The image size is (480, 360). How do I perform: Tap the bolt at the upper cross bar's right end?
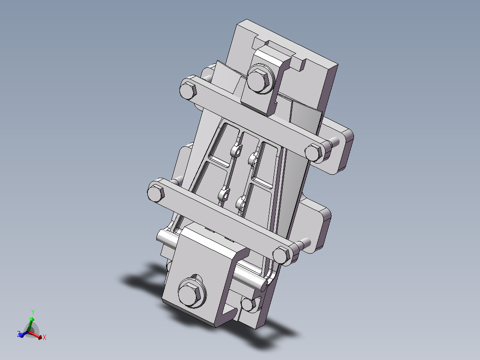click(314, 152)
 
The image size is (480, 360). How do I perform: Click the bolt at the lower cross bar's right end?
click(281, 255)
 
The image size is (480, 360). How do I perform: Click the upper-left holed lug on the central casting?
click(237, 150)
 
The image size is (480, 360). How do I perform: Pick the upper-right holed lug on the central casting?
click(254, 157)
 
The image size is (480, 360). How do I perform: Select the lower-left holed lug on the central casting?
click(224, 195)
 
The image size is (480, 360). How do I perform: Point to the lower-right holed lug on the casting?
click(241, 203)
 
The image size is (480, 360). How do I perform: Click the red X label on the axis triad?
click(45, 338)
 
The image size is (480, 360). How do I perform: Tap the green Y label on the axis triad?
click(33, 313)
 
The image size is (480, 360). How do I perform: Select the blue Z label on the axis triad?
click(18, 334)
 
